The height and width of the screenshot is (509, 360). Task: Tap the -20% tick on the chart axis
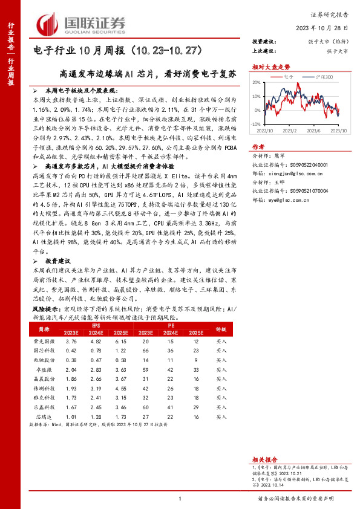point(256,123)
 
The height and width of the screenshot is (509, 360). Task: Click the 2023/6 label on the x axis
point(313,131)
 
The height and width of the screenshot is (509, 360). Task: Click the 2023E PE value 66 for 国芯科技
point(145,350)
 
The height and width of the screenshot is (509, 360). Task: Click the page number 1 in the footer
point(180,498)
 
